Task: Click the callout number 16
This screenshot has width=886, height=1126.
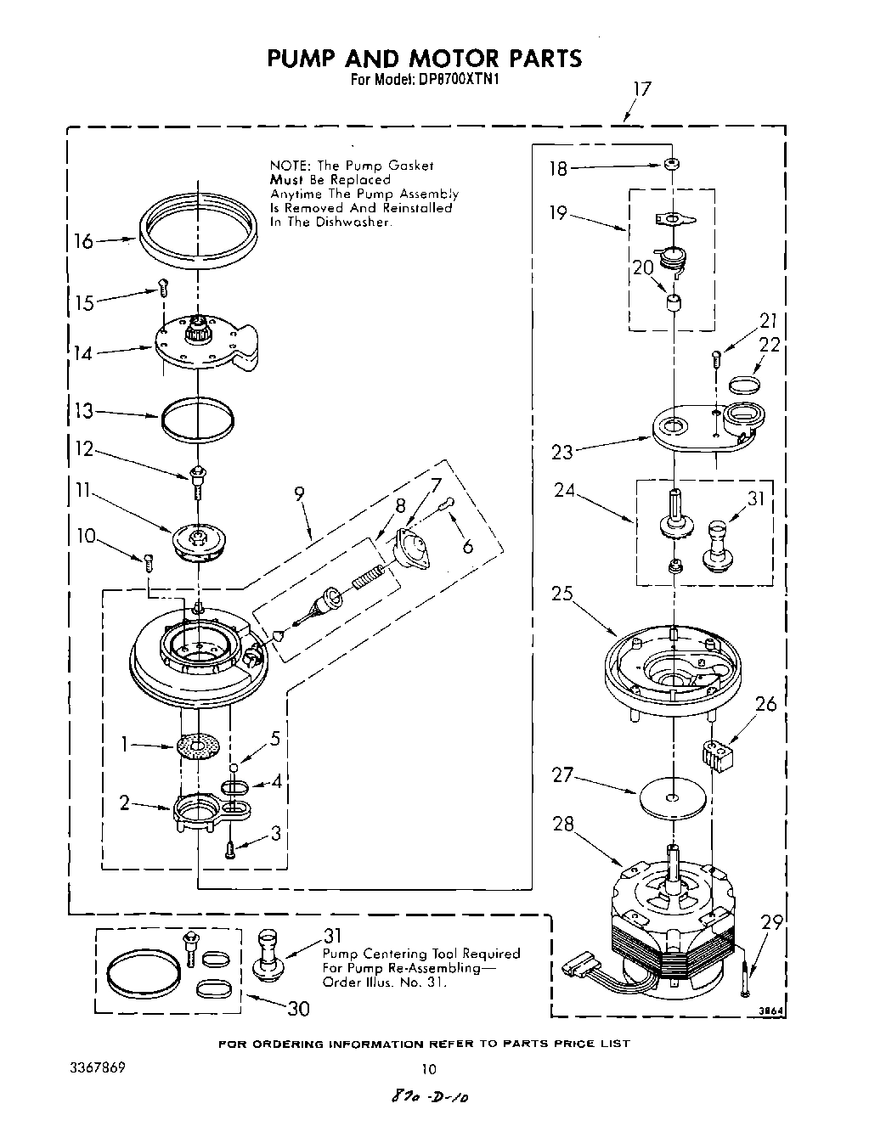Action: [82, 241]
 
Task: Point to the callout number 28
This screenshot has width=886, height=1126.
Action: [562, 824]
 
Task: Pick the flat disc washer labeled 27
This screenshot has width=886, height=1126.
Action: [673, 798]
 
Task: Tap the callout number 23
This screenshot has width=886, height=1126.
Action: [562, 453]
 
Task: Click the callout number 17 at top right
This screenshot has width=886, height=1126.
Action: [642, 88]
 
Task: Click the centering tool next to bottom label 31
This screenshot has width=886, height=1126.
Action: [270, 954]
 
